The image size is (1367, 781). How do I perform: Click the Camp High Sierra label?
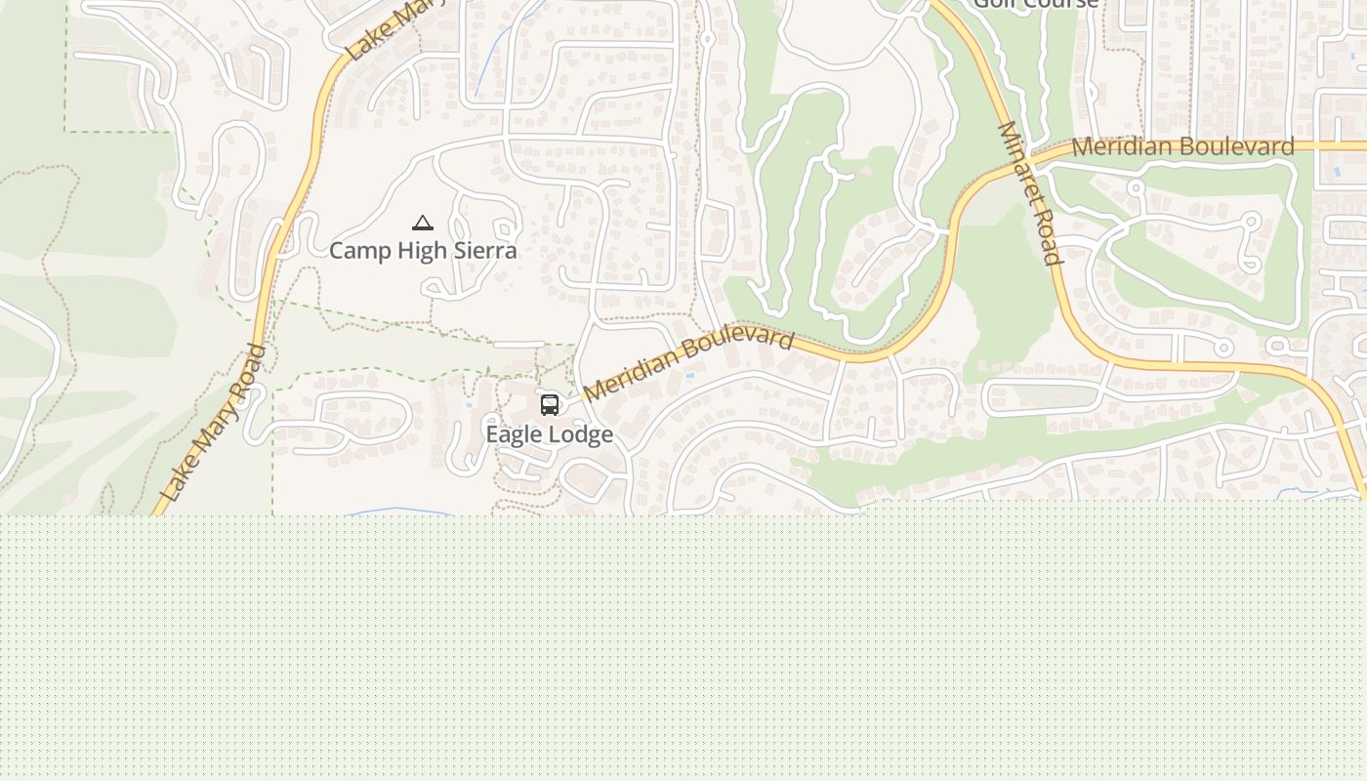click(423, 251)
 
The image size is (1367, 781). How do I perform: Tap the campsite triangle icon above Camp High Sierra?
click(423, 224)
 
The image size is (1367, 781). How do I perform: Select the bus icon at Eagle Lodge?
click(550, 404)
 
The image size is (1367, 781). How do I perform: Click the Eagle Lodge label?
click(550, 434)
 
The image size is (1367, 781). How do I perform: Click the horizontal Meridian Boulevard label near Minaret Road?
click(1182, 147)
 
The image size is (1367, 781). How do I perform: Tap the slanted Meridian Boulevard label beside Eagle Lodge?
click(688, 362)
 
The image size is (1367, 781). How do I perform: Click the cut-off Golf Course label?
click(1036, 4)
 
